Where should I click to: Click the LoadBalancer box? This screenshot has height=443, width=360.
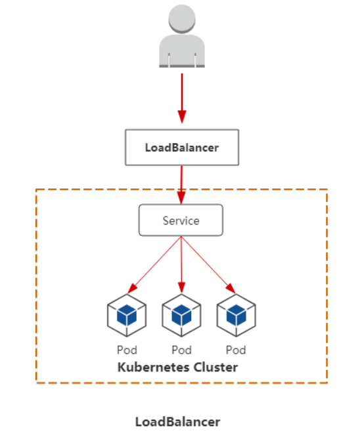(x=182, y=147)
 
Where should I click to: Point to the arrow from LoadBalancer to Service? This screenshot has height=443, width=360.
(x=182, y=184)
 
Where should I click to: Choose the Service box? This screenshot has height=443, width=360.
(x=181, y=220)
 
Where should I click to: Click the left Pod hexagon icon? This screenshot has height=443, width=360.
(x=126, y=316)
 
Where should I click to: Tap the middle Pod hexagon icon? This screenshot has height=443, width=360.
(x=181, y=316)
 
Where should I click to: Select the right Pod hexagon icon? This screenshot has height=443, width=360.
(x=236, y=316)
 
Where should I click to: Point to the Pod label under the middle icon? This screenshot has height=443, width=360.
(x=181, y=350)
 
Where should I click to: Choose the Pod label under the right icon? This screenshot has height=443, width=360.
(x=236, y=350)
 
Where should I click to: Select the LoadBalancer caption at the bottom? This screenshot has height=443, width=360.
(x=177, y=421)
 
